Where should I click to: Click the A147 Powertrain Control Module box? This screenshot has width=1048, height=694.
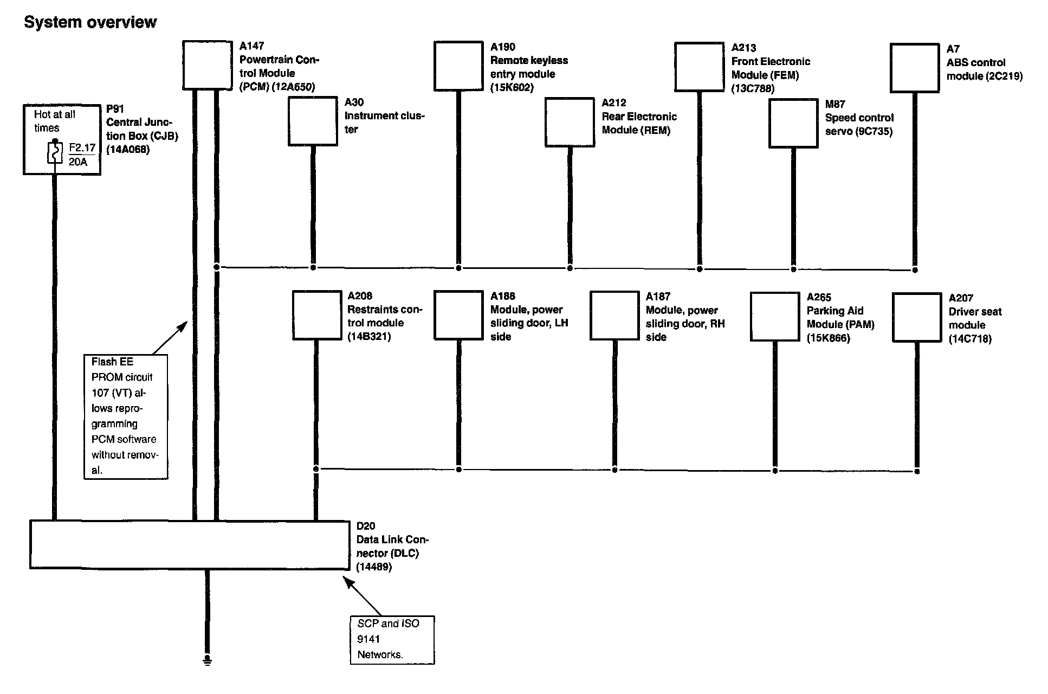click(207, 65)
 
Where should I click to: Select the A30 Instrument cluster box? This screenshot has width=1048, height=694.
click(313, 121)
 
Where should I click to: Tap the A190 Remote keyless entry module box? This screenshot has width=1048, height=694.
click(458, 66)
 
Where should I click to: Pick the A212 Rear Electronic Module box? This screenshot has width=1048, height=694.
click(570, 122)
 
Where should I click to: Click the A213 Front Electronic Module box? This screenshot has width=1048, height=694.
click(699, 67)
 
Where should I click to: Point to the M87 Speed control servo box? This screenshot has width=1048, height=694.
click(793, 123)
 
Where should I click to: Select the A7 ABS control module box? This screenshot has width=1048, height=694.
click(915, 68)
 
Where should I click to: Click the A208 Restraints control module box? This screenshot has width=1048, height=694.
click(316, 316)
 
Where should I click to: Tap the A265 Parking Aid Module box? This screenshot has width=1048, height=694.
click(775, 317)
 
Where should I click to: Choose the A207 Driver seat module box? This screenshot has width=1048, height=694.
click(917, 318)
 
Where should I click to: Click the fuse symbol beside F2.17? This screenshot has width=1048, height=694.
click(55, 152)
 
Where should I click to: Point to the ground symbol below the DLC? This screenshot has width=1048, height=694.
click(207, 660)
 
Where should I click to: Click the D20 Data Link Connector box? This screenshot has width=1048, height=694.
click(190, 545)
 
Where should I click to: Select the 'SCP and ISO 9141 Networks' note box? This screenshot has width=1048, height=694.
click(392, 640)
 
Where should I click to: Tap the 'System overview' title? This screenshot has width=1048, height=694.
click(90, 22)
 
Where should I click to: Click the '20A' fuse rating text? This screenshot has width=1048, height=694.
click(78, 162)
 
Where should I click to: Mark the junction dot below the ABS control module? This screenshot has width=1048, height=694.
click(915, 269)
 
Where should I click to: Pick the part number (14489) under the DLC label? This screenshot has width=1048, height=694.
click(374, 567)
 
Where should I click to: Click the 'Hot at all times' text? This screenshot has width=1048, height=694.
click(54, 121)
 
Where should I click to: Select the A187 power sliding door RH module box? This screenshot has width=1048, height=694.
click(614, 316)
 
